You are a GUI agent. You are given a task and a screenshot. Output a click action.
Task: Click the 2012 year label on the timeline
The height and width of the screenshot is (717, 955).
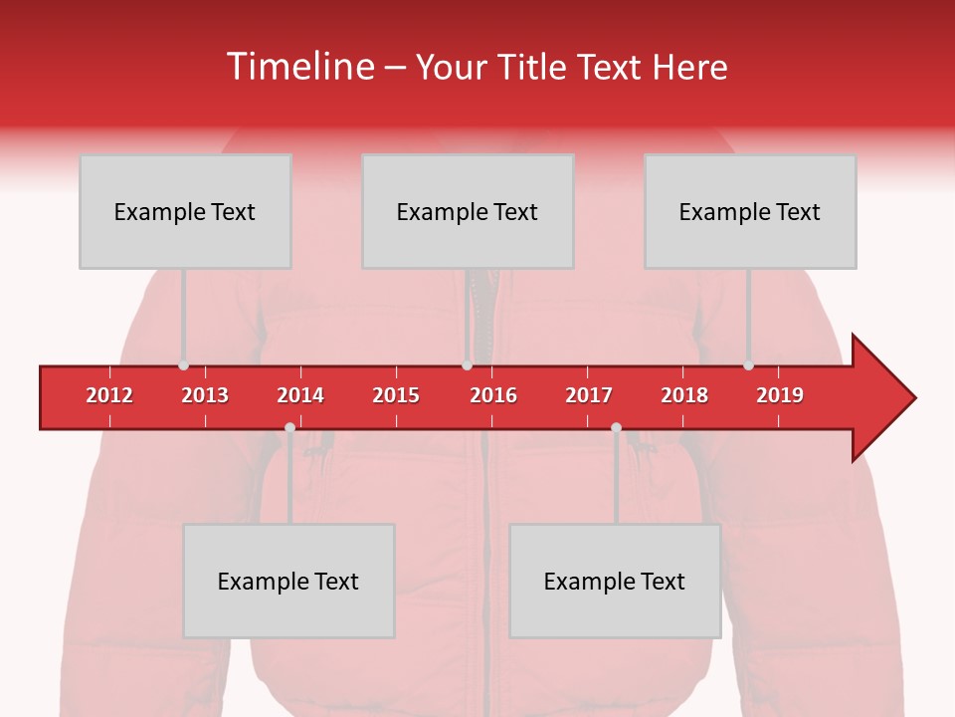click(x=109, y=395)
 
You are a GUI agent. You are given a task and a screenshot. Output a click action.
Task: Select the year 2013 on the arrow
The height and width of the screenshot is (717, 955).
click(x=205, y=395)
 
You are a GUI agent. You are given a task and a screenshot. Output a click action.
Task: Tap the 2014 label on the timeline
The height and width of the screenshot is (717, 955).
click(x=300, y=395)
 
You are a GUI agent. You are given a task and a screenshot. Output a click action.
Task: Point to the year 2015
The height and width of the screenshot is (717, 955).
click(x=396, y=395)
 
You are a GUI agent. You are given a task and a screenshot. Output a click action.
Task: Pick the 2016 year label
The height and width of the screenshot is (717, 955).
click(x=493, y=395)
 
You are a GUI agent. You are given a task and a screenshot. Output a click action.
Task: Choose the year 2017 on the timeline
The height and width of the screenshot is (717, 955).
click(x=589, y=395)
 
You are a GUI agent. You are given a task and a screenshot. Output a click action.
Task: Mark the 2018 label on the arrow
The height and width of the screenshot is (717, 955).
click(x=684, y=395)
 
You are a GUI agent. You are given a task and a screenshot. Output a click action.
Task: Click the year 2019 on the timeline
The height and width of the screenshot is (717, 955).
click(x=780, y=395)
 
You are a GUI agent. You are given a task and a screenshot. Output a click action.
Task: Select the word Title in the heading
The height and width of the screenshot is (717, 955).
click(x=534, y=67)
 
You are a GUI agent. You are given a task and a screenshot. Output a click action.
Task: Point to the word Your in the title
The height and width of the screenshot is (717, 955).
click(x=450, y=67)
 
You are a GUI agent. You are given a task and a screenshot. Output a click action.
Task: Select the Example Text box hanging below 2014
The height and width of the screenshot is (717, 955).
click(x=288, y=581)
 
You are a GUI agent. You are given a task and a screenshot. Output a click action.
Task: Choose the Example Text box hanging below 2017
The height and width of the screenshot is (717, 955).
click(x=615, y=581)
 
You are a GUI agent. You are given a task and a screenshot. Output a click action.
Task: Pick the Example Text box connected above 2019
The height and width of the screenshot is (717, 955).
click(x=750, y=211)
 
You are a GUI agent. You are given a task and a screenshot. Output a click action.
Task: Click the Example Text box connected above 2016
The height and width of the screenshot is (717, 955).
click(x=468, y=211)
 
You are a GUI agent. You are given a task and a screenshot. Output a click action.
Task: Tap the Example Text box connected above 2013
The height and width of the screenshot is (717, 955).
click(x=185, y=211)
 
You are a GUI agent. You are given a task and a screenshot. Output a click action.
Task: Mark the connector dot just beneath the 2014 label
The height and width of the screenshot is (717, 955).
click(x=289, y=428)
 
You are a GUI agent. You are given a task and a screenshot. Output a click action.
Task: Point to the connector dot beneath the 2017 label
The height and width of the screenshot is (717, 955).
click(x=616, y=428)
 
